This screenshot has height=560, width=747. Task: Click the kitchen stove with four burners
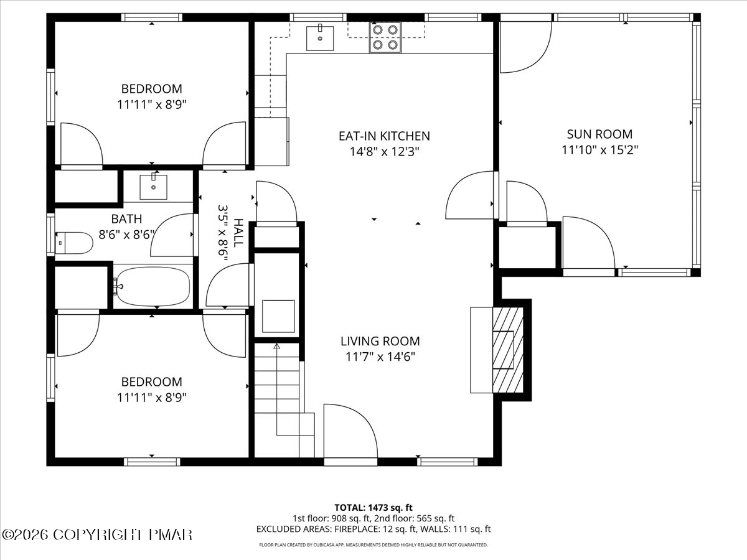coord(385,37)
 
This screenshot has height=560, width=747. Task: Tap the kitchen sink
coord(320,39)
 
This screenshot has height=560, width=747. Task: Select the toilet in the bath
coord(74,243)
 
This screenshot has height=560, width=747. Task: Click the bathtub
coord(152,287)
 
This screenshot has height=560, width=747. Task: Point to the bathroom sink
coord(154,187)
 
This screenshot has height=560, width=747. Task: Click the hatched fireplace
coord(508,350)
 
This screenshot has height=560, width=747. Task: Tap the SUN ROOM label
coord(599,134)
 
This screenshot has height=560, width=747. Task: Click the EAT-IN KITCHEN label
coord(384,136)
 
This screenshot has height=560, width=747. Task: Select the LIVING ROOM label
coord(380,341)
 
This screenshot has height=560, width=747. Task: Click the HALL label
coord(239,233)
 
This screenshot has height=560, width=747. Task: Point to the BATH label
coord(126,219)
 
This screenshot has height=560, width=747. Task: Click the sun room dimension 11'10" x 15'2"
coord(599,149)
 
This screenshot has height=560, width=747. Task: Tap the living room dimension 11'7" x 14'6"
coord(380,357)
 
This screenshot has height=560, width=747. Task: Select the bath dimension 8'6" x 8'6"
coord(126,235)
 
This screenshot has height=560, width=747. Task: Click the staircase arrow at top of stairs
coord(276,347)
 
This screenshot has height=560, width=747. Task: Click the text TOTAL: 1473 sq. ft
coord(374,508)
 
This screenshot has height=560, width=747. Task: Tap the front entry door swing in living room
coord(350,431)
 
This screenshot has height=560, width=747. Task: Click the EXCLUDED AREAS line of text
coord(374,529)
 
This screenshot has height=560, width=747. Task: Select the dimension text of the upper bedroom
coord(152,105)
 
